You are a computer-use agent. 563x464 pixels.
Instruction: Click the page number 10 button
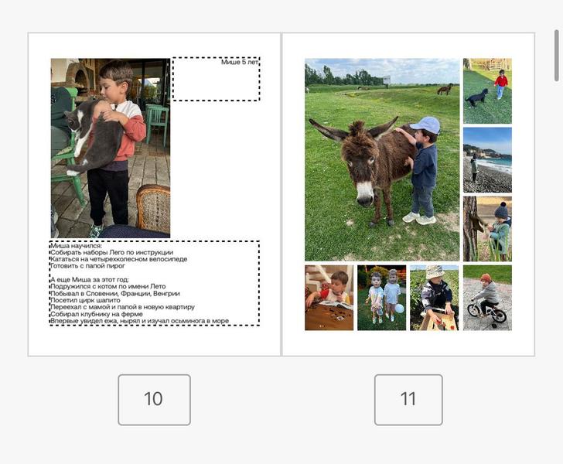click(154, 400)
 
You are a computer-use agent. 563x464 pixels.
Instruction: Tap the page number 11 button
click(408, 400)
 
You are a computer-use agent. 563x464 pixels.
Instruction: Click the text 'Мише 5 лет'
click(240, 62)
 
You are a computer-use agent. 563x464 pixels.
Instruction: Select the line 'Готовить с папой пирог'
click(87, 266)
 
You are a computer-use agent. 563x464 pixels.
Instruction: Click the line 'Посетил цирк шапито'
click(85, 300)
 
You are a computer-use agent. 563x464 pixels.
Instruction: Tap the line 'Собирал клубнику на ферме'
click(96, 313)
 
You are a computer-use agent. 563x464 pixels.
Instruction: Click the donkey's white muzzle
click(365, 194)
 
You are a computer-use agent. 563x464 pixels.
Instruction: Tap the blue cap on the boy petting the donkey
click(426, 125)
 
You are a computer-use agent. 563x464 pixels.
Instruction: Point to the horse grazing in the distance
click(445, 89)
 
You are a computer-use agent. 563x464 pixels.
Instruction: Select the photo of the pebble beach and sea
click(487, 160)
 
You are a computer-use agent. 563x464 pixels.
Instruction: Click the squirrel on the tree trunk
click(477, 223)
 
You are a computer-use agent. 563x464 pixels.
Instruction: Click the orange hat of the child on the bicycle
click(486, 278)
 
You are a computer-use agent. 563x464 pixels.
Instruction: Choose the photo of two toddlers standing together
click(382, 298)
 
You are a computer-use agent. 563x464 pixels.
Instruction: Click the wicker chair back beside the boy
click(153, 207)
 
